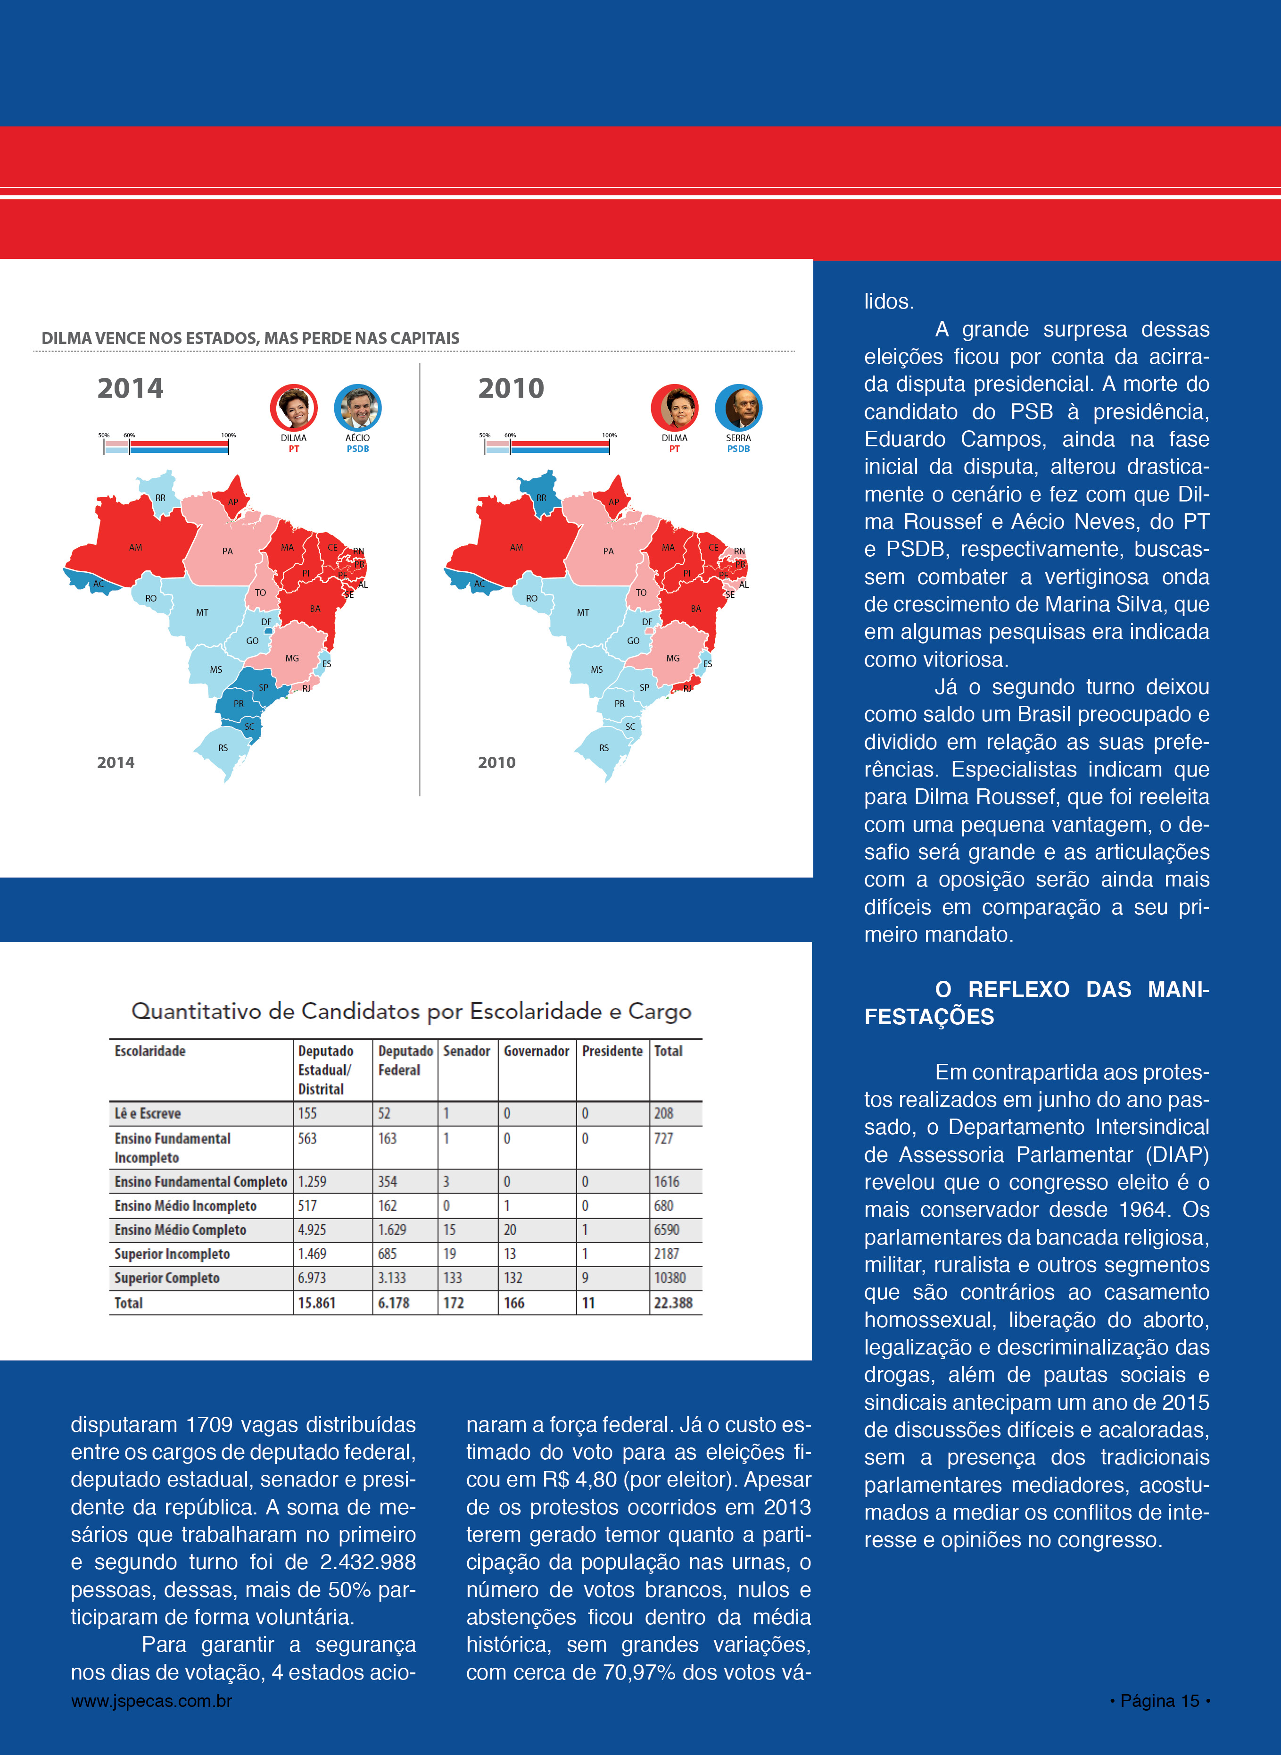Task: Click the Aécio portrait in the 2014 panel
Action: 357,407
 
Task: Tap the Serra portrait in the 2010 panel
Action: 738,407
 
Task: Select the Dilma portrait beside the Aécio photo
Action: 294,407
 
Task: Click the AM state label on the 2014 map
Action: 136,547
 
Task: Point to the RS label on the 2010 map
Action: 603,748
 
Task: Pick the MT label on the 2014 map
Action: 202,612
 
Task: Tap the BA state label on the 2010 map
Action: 695,608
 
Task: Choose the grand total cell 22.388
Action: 673,1304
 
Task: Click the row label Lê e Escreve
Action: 147,1113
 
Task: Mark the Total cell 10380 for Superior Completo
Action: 670,1278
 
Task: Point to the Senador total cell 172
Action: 454,1304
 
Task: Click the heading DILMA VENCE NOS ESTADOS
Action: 250,338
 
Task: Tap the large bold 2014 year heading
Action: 130,388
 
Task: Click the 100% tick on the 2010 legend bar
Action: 610,436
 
